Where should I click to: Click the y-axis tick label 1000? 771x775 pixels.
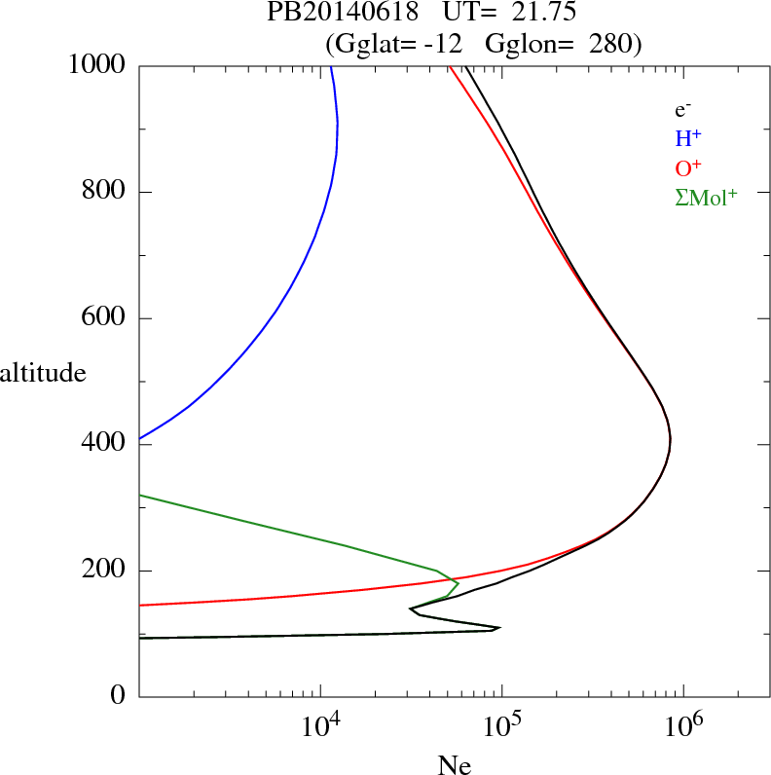(x=97, y=66)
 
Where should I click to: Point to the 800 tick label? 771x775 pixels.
(x=105, y=192)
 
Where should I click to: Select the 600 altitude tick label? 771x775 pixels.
(x=105, y=318)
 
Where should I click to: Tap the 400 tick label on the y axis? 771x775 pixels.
(x=105, y=444)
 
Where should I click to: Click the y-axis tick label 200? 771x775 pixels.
(x=105, y=571)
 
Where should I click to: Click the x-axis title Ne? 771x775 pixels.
(x=454, y=765)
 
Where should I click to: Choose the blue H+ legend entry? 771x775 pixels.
(x=688, y=138)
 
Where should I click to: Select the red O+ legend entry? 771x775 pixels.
(x=689, y=167)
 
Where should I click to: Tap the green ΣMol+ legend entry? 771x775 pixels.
(x=706, y=198)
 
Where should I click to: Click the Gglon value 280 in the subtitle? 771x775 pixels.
(x=614, y=43)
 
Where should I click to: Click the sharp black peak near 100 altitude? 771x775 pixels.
(x=498, y=628)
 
